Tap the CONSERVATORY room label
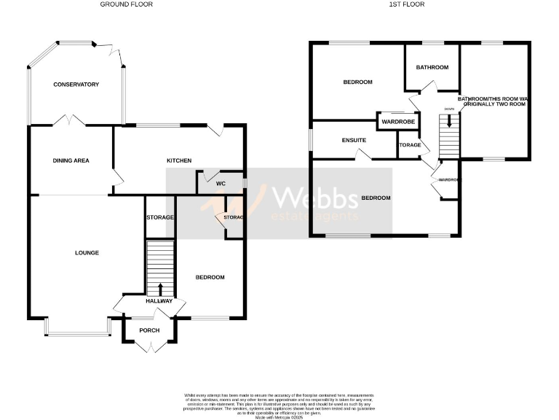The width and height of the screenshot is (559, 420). tap(76, 85)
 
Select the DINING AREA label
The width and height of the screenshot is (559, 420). tap(71, 160)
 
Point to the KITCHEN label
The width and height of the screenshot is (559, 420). tap(179, 160)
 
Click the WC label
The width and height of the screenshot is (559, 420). tap(221, 183)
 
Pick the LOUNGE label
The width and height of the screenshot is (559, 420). tap(87, 253)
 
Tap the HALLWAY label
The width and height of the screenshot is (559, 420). tap(159, 301)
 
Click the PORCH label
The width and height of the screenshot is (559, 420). tap(149, 330)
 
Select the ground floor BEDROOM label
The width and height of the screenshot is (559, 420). tap(210, 277)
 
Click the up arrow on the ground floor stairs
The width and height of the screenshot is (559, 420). tap(160, 289)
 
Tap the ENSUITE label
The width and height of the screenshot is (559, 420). tap(353, 140)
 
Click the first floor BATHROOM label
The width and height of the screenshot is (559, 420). tap(432, 68)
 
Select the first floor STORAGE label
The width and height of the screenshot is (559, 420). tap(410, 145)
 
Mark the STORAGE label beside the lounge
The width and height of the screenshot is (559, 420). tap(159, 217)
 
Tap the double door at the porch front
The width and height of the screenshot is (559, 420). tap(149, 347)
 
